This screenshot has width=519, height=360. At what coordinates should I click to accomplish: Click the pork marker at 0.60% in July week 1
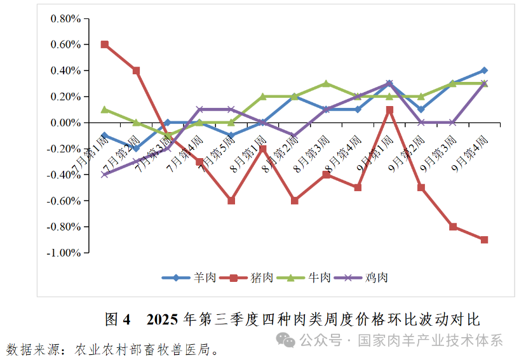coord(104,44)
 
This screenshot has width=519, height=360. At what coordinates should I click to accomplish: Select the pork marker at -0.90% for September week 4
coord(484,240)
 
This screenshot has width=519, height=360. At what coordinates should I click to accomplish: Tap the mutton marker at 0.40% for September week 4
coord(484,70)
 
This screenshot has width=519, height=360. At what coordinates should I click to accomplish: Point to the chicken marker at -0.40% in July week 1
coord(104,175)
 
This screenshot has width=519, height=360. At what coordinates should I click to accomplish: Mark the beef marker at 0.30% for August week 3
coord(326,84)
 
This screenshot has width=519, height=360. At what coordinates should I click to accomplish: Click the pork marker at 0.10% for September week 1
coord(389,110)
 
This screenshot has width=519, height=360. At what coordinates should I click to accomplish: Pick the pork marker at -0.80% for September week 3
coord(453,227)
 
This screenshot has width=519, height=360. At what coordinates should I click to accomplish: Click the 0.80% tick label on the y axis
coord(65,18)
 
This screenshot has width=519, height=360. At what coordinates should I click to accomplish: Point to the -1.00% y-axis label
coord(64,253)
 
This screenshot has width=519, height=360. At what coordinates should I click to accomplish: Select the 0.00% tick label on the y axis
coord(65,123)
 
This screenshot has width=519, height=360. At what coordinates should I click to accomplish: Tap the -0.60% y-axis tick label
coord(64,201)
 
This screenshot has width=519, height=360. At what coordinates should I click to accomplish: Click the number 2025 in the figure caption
coord(163,319)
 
